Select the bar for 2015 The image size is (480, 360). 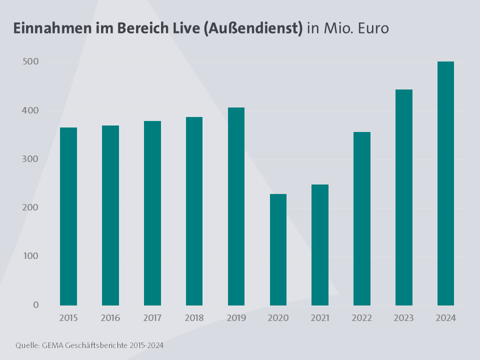(68, 216)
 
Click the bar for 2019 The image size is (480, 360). (236, 206)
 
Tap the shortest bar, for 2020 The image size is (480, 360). (278, 249)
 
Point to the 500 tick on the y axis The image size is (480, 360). (30, 62)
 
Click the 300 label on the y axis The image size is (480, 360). (30, 159)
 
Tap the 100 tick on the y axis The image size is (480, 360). (30, 256)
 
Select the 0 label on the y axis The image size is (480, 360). (35, 305)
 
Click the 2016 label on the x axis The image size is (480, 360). (110, 318)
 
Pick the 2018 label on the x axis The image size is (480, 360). (194, 318)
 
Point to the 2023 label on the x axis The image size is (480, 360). (404, 318)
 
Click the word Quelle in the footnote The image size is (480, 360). (25, 345)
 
